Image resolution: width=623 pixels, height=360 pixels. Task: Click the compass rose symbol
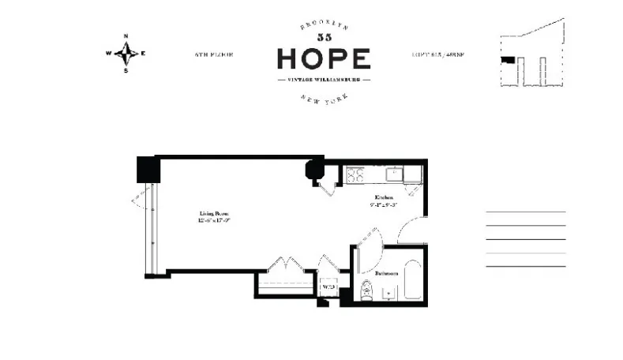click(126, 54)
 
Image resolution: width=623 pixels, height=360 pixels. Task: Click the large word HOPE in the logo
click(324, 59)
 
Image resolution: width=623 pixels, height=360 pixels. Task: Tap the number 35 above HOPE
click(324, 38)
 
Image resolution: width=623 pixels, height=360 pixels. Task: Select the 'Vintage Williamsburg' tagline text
click(324, 80)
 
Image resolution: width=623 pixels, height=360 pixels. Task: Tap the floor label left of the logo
click(213, 55)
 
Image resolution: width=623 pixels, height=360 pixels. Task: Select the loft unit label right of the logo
click(437, 55)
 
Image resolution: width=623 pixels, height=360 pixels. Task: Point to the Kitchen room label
click(385, 197)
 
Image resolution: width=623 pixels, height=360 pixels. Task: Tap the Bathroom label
click(386, 273)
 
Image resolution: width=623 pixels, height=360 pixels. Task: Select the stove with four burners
click(354, 174)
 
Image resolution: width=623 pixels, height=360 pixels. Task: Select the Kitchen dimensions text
click(385, 205)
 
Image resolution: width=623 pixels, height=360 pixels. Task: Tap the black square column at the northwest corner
click(148, 169)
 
